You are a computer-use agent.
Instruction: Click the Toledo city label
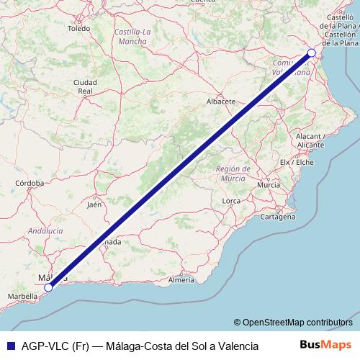(x=78, y=29)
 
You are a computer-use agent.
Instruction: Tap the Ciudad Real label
(x=85, y=86)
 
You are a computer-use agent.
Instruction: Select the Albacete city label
(x=221, y=102)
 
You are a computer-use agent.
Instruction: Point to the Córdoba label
(x=30, y=184)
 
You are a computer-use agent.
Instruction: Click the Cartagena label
(x=279, y=216)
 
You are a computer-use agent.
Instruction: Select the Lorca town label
(x=231, y=201)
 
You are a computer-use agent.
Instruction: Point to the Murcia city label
(x=268, y=185)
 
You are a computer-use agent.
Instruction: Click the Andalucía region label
(x=45, y=230)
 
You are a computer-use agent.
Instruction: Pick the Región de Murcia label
(x=232, y=173)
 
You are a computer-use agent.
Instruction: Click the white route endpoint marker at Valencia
(x=312, y=53)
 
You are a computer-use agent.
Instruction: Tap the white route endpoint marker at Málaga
(x=49, y=287)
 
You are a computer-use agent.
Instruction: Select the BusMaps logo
(x=325, y=345)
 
